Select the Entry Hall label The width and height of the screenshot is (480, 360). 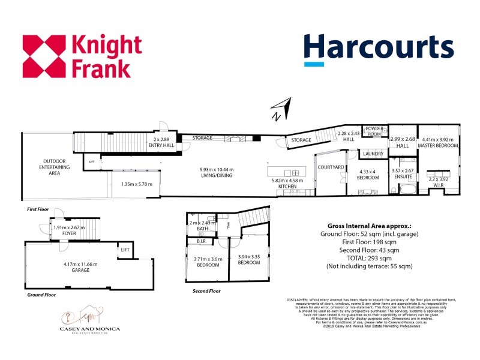[163, 145]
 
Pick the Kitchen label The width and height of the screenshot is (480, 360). [287, 187]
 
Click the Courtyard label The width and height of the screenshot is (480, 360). [330, 166]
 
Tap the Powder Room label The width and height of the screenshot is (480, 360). [374, 131]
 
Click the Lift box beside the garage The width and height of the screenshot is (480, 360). [125, 250]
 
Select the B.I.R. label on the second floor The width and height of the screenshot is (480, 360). [202, 241]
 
